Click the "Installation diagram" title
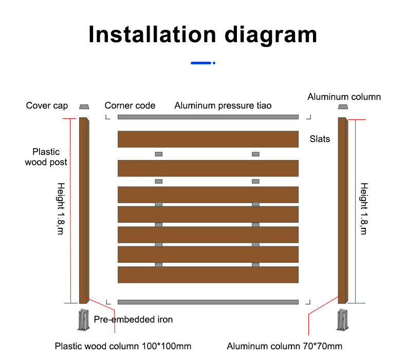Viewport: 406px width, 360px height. (202, 35)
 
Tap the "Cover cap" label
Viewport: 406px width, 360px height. (47, 106)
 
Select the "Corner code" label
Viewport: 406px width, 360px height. (130, 105)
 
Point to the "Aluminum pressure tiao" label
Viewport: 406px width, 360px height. (223, 106)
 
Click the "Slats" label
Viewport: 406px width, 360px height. (320, 139)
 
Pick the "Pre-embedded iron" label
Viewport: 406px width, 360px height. (133, 319)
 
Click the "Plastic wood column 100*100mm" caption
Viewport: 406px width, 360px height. (123, 346)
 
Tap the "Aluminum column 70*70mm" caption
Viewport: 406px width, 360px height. (285, 346)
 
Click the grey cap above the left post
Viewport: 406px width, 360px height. (84, 107)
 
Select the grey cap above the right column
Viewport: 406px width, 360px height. (343, 107)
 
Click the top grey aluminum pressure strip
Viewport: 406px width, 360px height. (208, 117)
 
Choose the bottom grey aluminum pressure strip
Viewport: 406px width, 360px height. (208, 302)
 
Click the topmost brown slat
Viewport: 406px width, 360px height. (208, 139)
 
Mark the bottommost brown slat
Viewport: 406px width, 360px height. (208, 275)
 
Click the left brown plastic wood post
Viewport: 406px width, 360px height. (84, 210)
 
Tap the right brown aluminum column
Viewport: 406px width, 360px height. (343, 210)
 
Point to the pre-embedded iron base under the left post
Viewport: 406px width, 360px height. (84, 320)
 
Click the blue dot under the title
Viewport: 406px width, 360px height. (214, 63)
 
